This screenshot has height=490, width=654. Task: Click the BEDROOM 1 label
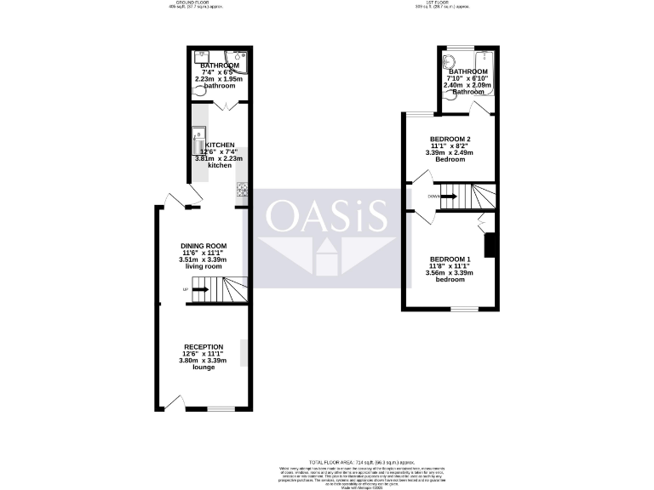point(450,259)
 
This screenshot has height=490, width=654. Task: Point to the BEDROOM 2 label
point(450,139)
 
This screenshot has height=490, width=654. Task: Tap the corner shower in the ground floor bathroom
point(238,61)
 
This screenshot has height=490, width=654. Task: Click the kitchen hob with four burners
point(241,189)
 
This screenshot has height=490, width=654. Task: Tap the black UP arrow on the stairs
point(199,290)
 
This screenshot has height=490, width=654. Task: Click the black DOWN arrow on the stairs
point(448,197)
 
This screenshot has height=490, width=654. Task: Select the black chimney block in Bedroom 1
point(490,245)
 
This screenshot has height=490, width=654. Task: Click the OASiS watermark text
point(328,217)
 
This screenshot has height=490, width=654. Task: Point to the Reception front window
point(221,409)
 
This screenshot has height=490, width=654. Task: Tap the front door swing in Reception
point(171,401)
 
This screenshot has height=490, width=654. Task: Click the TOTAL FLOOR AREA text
point(327,459)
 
